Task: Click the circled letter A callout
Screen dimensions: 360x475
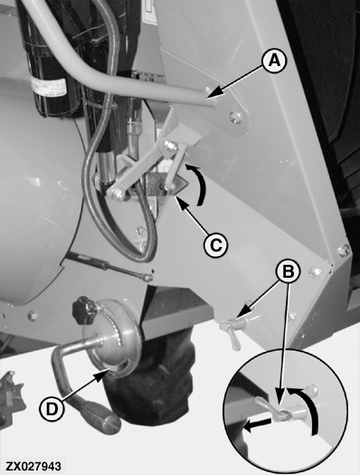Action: pos(274,62)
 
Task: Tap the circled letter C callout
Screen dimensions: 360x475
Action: pos(216,244)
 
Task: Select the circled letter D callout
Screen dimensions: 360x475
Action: pos(52,410)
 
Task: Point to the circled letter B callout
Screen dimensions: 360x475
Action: pos(288,271)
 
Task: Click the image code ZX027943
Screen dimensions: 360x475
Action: pos(33,466)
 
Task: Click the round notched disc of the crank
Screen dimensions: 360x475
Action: pos(118,337)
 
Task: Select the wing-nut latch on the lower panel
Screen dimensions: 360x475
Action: pos(233,332)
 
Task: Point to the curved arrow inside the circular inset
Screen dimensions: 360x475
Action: pos(306,409)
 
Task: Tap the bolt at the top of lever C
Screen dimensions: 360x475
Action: pos(170,147)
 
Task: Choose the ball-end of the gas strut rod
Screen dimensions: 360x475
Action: pos(147,278)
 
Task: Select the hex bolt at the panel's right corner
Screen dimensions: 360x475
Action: pos(343,251)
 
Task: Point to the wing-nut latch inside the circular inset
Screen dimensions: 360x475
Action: pos(272,409)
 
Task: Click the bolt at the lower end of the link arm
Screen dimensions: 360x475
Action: pos(117,195)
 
